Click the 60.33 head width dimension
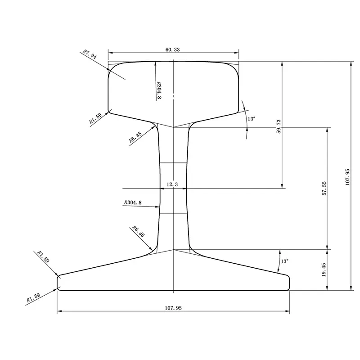click(x=173, y=50)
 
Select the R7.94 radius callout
click(x=90, y=55)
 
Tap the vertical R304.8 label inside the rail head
click(x=159, y=90)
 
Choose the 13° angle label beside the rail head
click(x=251, y=119)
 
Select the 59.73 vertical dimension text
click(x=279, y=126)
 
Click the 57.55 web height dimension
click(x=324, y=189)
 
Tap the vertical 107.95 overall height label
click(x=347, y=175)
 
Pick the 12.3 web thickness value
click(x=173, y=184)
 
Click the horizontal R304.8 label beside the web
click(x=132, y=203)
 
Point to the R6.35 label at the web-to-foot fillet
click(x=138, y=231)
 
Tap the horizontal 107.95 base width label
click(x=173, y=308)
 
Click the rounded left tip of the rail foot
click(x=58, y=283)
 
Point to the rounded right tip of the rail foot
click(x=288, y=283)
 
